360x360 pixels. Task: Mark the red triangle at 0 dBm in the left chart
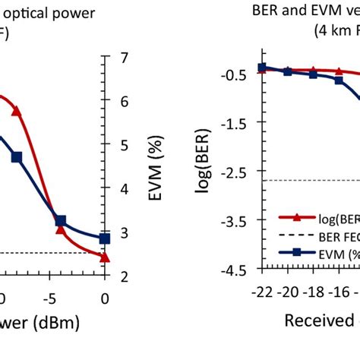pos(104,257)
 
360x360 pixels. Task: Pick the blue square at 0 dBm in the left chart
pos(104,238)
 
